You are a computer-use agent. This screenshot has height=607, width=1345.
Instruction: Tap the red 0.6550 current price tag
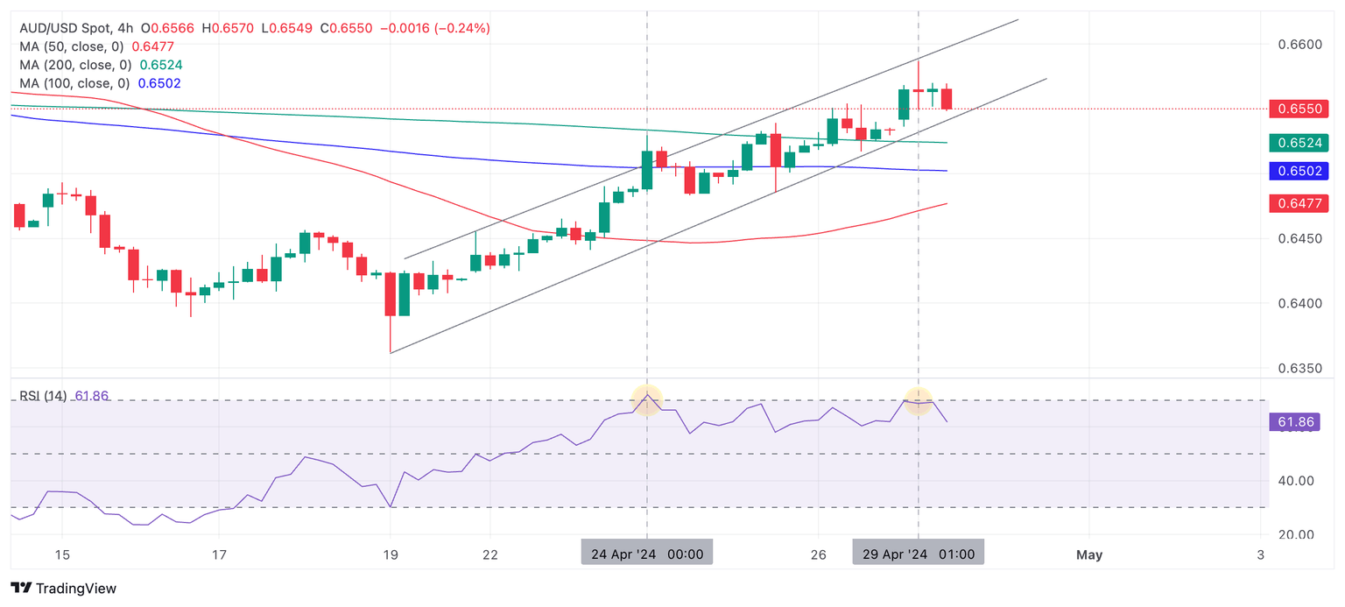pos(1302,109)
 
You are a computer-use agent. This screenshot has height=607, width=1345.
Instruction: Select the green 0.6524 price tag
pos(1302,143)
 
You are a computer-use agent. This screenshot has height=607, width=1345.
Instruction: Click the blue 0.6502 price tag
pos(1302,171)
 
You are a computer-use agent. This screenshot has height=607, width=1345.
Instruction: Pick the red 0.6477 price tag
pos(1302,203)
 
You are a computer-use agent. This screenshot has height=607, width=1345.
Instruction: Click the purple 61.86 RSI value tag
pos(1293,423)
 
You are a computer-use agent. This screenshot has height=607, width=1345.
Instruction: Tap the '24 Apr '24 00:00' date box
pos(647,554)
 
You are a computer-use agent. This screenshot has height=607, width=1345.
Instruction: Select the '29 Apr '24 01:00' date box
pos(919,554)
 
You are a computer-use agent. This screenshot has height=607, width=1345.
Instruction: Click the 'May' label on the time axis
pos(1089,554)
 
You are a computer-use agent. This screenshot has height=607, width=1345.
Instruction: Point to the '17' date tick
pos(219,554)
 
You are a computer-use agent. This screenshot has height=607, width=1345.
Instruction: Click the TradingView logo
pos(63,589)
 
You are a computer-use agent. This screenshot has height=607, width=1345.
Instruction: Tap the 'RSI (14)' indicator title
pos(43,396)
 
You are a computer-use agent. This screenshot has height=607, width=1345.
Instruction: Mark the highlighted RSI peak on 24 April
pos(647,399)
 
